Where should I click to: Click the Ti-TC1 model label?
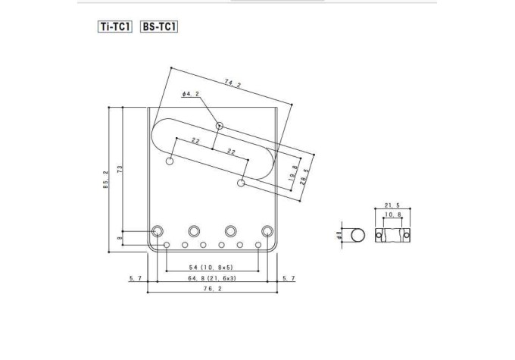point(115,27)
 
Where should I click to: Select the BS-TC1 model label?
point(159,27)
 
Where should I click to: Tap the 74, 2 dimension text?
point(233,83)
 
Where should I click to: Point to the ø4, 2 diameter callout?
point(191,94)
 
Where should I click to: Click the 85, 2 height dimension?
point(105,180)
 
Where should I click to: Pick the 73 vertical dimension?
point(120,169)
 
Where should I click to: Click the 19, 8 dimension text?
point(293,174)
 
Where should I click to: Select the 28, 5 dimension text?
point(304,177)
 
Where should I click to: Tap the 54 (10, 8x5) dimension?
point(211,268)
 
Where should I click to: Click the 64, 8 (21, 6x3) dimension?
point(212,278)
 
